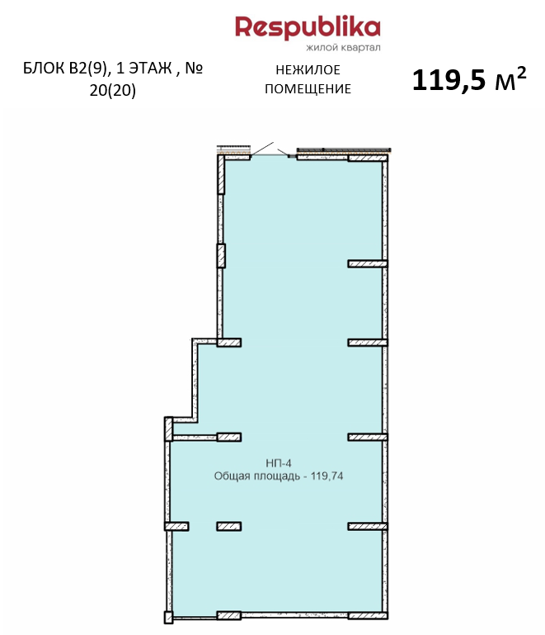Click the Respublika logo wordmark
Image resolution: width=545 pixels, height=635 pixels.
point(308,27)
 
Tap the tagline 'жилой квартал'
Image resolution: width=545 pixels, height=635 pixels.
point(343,48)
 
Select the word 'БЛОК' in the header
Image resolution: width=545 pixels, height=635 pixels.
point(44,68)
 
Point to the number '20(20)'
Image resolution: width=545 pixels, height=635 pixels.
point(112,90)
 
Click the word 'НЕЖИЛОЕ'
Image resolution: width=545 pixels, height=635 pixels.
point(308,69)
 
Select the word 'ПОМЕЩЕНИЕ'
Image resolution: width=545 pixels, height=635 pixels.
point(308,88)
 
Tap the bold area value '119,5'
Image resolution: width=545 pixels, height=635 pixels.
point(449,80)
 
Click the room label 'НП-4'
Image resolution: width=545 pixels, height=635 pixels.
point(279,463)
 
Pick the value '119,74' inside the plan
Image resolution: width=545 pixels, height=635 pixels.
point(327,476)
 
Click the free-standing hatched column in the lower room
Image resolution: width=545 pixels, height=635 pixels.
point(229,526)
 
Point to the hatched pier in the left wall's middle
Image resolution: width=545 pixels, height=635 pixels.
point(221,255)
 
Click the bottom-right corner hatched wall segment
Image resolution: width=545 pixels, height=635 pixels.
point(368,615)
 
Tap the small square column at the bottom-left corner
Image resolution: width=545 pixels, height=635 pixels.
point(168,618)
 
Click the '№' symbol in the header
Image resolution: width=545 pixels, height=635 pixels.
point(194,68)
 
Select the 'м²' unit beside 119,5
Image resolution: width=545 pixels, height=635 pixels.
point(510,79)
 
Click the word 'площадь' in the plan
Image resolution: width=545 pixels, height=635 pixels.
point(277,476)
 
